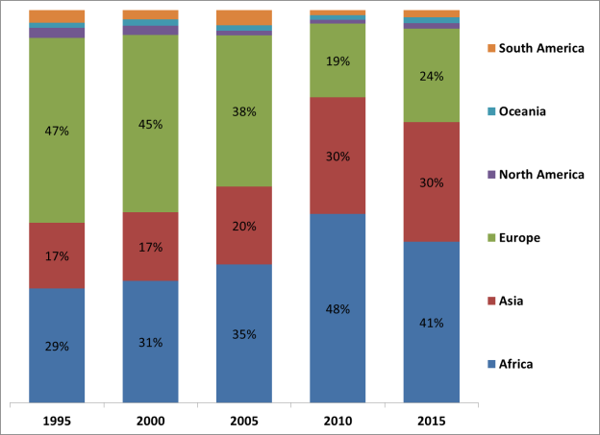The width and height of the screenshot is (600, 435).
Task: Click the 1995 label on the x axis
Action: [57, 421]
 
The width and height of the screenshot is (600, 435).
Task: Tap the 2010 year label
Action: [337, 421]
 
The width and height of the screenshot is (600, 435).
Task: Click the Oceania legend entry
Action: [522, 111]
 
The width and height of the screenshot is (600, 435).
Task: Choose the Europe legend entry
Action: [520, 237]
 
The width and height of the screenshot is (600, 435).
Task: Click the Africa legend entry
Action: [515, 364]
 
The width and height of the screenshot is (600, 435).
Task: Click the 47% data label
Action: [57, 131]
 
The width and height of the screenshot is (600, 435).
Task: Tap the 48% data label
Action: [337, 309]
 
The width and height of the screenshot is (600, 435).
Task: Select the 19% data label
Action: [337, 60]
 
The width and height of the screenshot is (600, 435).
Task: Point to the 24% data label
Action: [431, 76]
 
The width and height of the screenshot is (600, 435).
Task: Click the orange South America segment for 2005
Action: [244, 17]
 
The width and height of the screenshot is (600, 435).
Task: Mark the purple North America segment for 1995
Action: [57, 33]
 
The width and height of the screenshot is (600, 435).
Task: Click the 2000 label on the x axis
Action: [150, 421]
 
